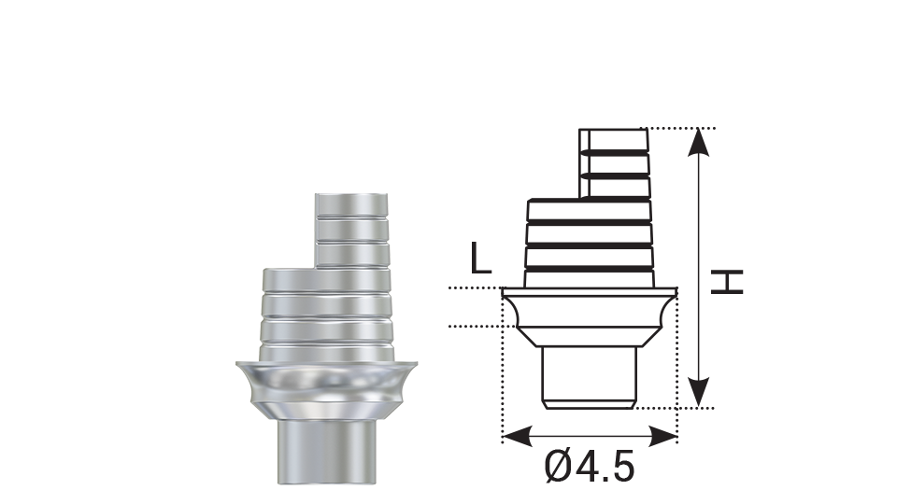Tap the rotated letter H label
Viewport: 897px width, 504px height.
point(727,281)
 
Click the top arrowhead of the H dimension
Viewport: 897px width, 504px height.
point(699,140)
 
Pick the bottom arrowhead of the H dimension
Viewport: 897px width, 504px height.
point(699,396)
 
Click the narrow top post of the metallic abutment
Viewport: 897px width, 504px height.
point(352,229)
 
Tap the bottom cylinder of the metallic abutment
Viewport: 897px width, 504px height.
point(324,452)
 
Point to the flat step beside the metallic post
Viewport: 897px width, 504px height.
point(288,272)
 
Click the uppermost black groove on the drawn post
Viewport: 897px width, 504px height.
point(614,150)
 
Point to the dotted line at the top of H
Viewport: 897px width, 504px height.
point(682,128)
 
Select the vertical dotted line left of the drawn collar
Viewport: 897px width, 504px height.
point(503,364)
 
